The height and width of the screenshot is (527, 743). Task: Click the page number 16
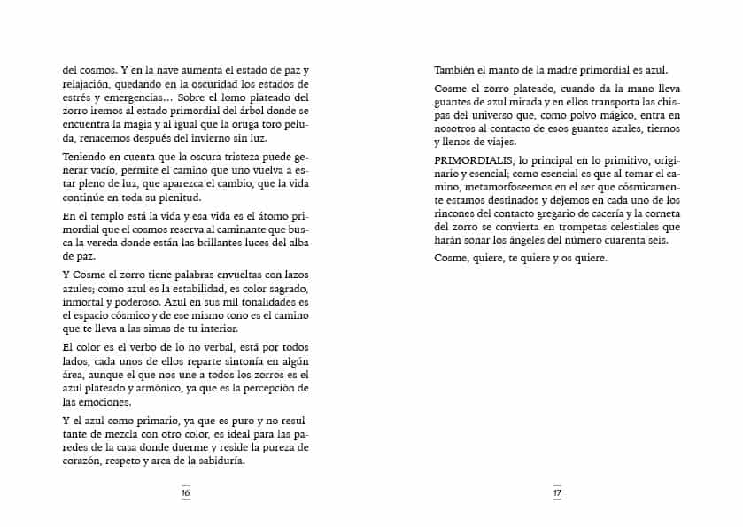(x=186, y=492)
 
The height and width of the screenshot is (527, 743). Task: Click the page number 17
(x=557, y=492)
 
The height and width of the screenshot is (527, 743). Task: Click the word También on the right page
(x=456, y=71)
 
